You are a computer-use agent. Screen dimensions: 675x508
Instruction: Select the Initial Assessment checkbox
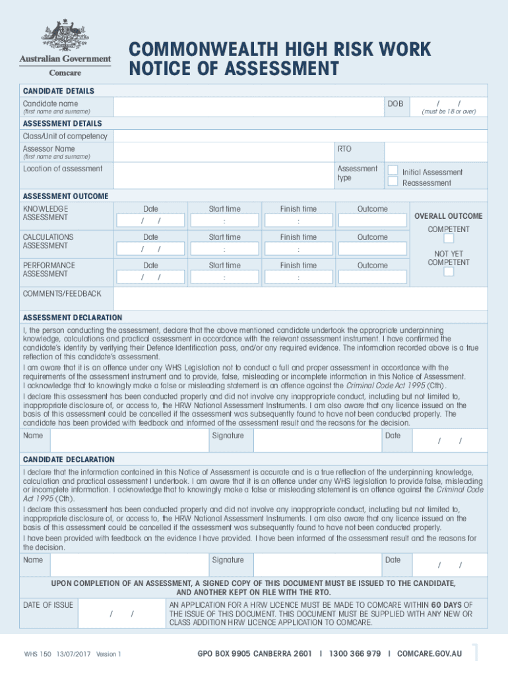tap(393, 171)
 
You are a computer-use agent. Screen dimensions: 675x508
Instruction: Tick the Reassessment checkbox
tap(393, 181)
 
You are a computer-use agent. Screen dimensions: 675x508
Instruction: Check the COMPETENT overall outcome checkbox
tap(449, 239)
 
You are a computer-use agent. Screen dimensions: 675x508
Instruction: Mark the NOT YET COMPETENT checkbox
tap(449, 272)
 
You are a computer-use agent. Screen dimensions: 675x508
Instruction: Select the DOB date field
tap(449, 107)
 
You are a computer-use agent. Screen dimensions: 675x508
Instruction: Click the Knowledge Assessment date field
tap(150, 220)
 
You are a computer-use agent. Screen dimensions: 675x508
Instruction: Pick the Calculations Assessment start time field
tap(224, 249)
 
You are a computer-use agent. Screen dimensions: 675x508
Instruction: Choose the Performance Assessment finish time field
tap(298, 278)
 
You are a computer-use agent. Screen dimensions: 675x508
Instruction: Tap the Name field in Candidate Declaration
tap(129, 565)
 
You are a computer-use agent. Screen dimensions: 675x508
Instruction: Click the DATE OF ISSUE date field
tap(121, 614)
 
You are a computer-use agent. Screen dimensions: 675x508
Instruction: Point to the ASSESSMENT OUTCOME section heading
tap(66, 196)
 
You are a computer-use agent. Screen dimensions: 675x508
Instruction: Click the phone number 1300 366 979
tap(356, 654)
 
